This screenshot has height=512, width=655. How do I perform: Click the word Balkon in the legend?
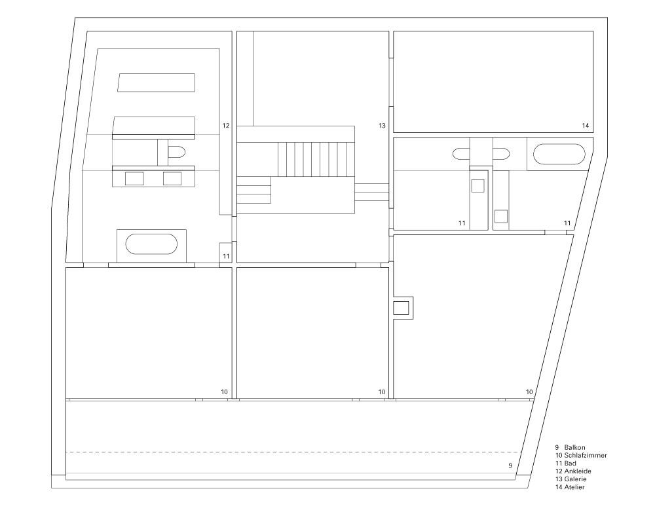pos(574,447)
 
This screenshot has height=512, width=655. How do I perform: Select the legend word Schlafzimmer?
pos(585,455)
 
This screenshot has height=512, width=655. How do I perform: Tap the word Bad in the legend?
pos(571,463)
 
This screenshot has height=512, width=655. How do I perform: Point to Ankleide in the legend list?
pos(577,471)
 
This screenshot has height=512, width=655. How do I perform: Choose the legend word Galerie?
pos(575,479)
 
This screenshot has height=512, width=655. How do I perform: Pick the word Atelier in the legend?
pos(574,487)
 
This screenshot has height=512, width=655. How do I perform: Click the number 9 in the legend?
pos(557,447)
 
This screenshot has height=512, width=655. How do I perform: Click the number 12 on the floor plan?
pos(225,125)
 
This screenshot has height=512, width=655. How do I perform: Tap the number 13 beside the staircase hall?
pos(382,125)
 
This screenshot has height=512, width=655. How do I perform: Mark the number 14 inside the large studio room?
pos(585,125)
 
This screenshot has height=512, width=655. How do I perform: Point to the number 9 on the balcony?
pos(510,466)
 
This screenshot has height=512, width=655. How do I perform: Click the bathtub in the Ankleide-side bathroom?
pos(151,244)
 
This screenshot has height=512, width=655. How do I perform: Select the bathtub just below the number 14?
pos(559,154)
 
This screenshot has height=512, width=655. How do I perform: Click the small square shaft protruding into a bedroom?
pos(403,308)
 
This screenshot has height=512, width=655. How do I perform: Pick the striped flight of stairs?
pos(316,160)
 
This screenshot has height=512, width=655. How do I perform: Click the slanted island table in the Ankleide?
pos(157,82)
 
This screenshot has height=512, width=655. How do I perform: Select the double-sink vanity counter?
pos(154,176)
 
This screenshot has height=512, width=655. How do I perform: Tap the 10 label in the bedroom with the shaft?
pos(529,392)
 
